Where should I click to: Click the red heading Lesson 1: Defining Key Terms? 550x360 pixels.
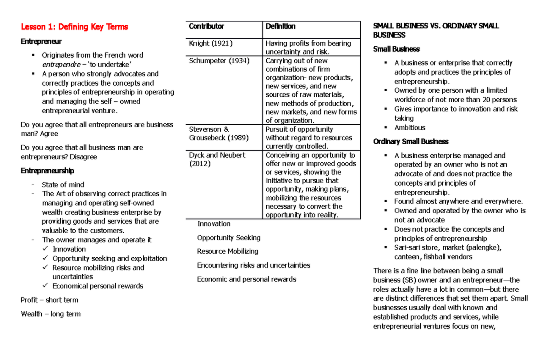[74, 27]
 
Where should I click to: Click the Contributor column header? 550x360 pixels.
[206, 26]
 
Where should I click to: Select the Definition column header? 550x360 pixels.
[280, 26]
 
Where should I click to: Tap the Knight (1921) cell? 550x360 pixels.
[211, 43]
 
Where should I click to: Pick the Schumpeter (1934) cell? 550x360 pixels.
[219, 61]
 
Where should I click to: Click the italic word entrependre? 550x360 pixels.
[60, 64]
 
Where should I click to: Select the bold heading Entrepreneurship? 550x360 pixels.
[47, 171]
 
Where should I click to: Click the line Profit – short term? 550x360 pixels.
[49, 300]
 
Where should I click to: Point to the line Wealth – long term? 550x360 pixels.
[50, 314]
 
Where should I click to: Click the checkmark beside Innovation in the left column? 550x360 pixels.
[44, 249]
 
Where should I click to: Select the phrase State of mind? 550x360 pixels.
[63, 185]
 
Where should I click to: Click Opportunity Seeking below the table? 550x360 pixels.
[229, 238]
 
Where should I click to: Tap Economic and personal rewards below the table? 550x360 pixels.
[247, 279]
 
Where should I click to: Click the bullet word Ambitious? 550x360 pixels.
[410, 127]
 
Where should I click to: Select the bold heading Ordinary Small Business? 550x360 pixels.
[411, 141]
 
